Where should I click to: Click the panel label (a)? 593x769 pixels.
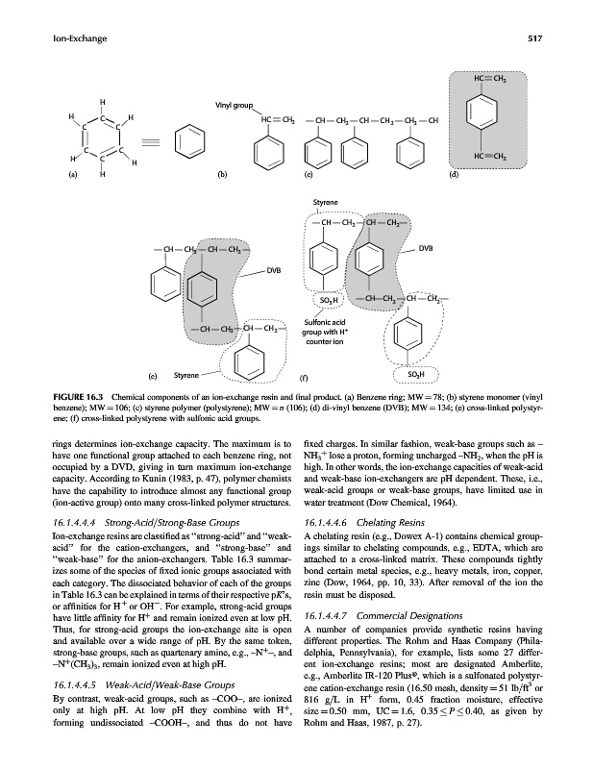click(71, 176)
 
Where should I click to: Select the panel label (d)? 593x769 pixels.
click(455, 176)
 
